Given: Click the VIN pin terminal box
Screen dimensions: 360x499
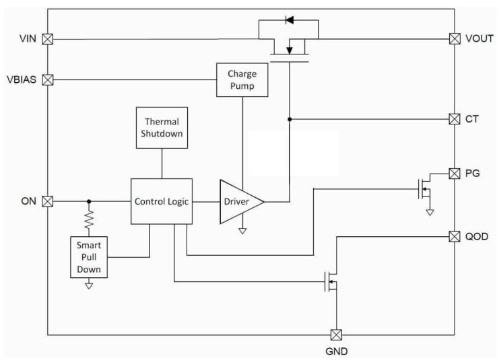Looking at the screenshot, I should tap(48, 39).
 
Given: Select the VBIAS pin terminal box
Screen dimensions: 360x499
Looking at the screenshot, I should tap(48, 80).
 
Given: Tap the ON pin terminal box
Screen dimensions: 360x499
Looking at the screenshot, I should tap(48, 201).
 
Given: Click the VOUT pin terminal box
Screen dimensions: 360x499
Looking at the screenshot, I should tap(455, 39).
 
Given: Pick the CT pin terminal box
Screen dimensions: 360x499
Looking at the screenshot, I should tap(455, 119).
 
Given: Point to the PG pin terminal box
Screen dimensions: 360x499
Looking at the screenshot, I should tap(455, 173).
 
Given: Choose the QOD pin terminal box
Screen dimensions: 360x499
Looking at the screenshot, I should tap(455, 236).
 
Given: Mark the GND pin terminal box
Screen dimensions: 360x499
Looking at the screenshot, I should tap(335, 334).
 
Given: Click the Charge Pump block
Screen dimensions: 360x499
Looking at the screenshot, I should tap(242, 79).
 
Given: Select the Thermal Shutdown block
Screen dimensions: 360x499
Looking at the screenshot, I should tap(162, 127).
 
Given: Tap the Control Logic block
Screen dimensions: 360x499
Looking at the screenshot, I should tap(162, 201).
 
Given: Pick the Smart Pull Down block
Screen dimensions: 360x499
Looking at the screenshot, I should tap(88, 257).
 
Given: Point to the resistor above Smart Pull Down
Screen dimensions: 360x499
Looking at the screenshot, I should tap(88, 219).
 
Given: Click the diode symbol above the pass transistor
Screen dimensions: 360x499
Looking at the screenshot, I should tap(289, 19).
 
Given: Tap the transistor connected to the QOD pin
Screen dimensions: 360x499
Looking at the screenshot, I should tap(332, 281).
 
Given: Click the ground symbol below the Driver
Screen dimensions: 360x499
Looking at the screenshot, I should tap(242, 231).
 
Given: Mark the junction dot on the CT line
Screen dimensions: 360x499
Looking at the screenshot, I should tap(289, 119).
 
